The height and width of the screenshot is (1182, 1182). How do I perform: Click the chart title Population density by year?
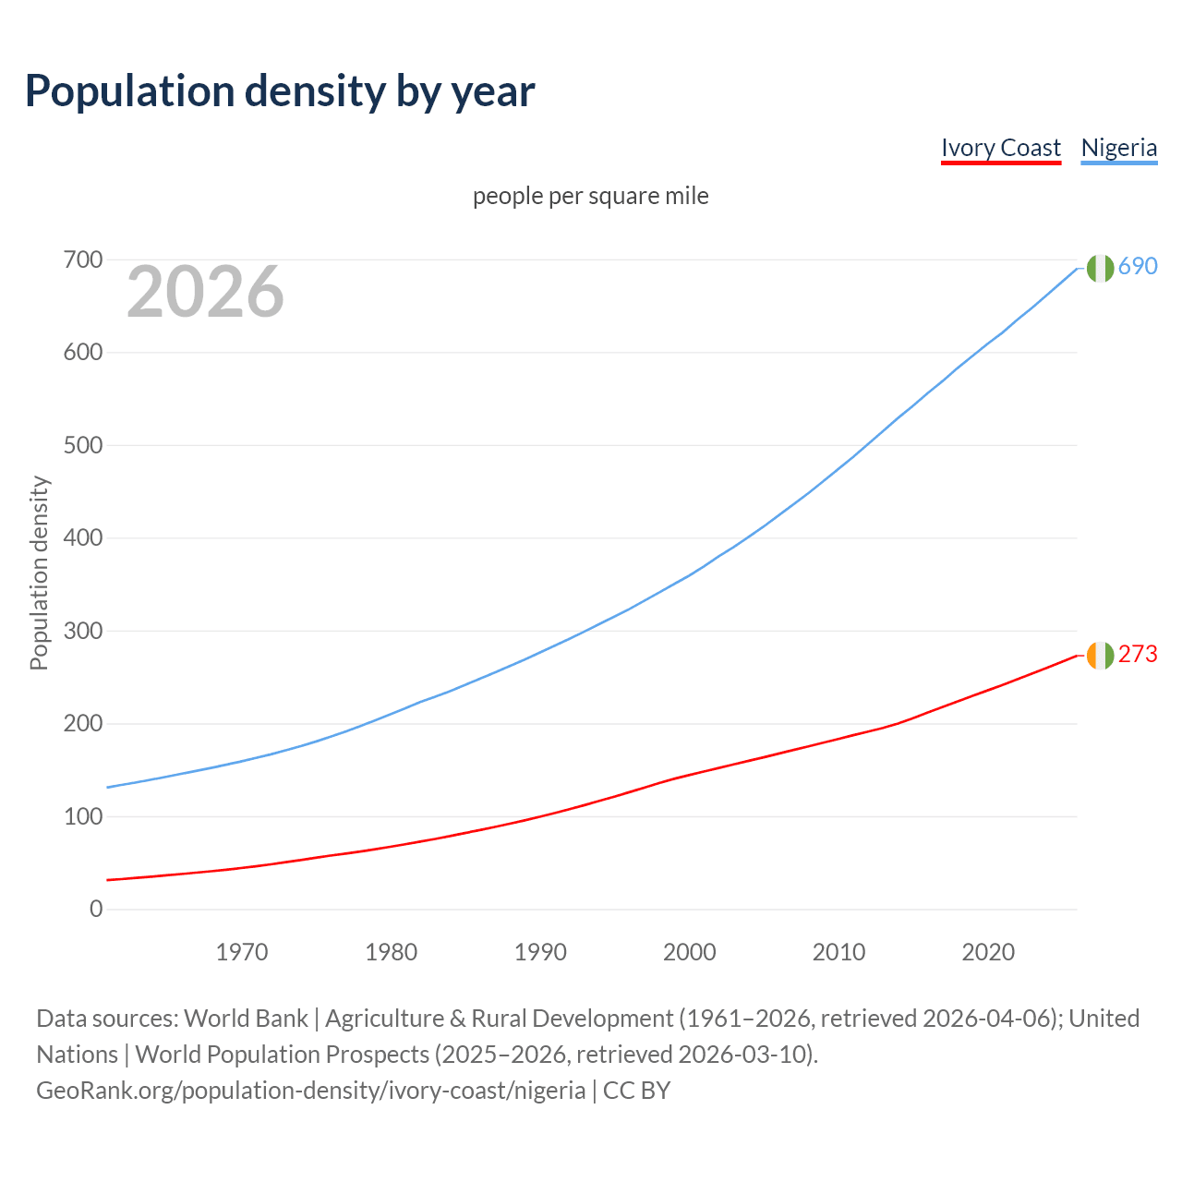(280, 90)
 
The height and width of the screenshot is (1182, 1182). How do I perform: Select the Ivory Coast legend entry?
(1001, 148)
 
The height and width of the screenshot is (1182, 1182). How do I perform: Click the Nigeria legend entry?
(1118, 148)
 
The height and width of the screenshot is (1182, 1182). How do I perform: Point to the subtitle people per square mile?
(590, 196)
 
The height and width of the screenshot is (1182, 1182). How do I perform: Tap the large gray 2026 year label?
(205, 292)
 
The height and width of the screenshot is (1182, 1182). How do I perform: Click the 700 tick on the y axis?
(83, 259)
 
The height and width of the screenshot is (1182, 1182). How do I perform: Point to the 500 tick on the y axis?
(83, 445)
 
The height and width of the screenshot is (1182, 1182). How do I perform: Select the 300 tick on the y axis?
(83, 631)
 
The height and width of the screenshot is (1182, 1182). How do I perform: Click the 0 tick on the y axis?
(96, 909)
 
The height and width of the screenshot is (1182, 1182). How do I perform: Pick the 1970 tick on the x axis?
(242, 952)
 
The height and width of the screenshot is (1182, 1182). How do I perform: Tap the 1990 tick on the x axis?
(540, 952)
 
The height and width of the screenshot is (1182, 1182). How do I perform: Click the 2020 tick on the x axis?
(988, 952)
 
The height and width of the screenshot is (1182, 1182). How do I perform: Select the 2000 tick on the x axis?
(690, 952)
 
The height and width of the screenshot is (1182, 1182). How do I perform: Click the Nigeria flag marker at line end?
(1099, 268)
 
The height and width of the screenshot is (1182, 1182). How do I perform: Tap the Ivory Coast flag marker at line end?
(1099, 655)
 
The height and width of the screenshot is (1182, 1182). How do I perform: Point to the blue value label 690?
(1138, 266)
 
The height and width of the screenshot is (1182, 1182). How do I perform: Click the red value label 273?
(1138, 654)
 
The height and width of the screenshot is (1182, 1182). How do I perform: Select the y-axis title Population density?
(39, 573)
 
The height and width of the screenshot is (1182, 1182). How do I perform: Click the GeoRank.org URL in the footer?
(310, 1091)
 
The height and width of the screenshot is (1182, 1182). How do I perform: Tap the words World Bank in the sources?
(246, 1019)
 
